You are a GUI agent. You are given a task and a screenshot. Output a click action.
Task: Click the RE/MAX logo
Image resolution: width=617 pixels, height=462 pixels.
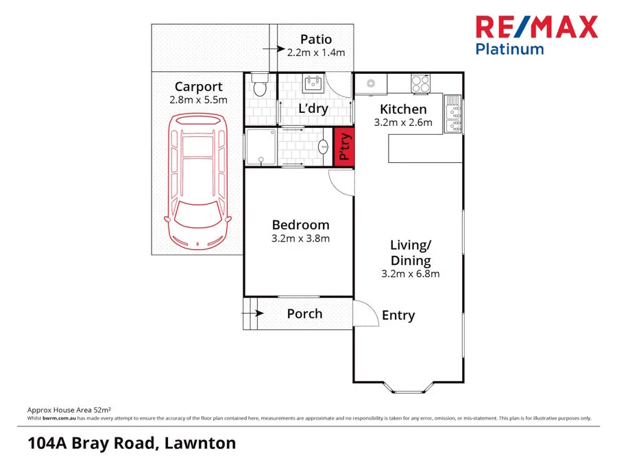(x=537, y=27)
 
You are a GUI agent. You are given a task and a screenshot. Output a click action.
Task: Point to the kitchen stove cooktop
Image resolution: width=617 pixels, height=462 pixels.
(x=420, y=84)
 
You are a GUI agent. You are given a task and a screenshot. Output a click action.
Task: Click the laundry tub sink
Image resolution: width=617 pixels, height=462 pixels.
(x=313, y=84)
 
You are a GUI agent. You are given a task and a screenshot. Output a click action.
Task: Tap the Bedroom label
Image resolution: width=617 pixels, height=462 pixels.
(x=300, y=224)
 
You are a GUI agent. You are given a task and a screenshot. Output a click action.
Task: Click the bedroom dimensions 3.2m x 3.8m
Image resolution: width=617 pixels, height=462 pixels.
(x=300, y=239)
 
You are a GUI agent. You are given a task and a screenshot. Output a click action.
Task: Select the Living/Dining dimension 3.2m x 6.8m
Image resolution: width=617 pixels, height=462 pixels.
(x=410, y=274)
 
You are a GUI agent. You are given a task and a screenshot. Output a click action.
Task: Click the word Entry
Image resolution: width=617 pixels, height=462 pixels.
(x=398, y=315)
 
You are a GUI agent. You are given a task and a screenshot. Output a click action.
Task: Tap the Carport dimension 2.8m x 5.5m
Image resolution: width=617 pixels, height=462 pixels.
(x=198, y=100)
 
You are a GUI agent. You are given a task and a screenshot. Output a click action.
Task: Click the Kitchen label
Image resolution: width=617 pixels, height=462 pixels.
(x=403, y=109)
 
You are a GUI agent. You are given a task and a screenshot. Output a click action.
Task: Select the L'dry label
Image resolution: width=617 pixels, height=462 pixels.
(x=313, y=108)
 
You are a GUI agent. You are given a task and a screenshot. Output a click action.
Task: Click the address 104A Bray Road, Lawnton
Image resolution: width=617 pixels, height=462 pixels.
(x=132, y=443)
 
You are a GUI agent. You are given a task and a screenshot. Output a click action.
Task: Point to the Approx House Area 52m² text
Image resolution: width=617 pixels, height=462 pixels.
(x=69, y=409)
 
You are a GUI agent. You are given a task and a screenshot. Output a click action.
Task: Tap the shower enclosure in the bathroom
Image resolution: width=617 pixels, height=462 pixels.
(x=261, y=146)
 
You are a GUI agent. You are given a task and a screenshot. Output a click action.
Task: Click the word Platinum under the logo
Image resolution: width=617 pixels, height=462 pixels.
(x=510, y=49)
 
